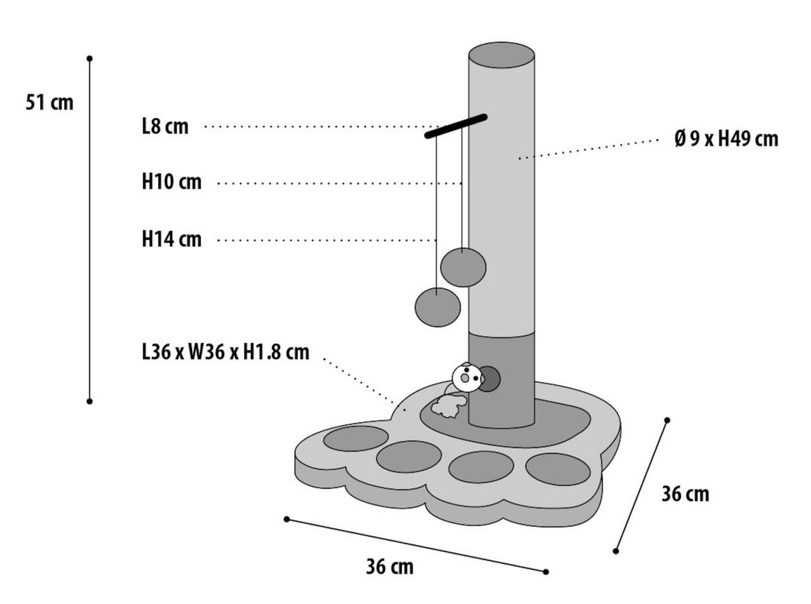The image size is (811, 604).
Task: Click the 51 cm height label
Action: pyautogui.click(x=50, y=102)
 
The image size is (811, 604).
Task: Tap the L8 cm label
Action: pyautogui.click(x=165, y=126)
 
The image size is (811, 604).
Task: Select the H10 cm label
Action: pyautogui.click(x=172, y=182)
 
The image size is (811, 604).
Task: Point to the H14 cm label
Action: pyautogui.click(x=172, y=239)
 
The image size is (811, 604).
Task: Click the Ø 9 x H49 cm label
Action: pyautogui.click(x=726, y=139)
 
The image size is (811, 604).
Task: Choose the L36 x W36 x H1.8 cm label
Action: pyautogui.click(x=225, y=351)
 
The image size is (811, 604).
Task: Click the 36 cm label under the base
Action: pyautogui.click(x=389, y=566)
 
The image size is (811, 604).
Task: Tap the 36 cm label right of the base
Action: pyautogui.click(x=685, y=494)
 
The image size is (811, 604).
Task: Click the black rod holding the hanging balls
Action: pyautogui.click(x=456, y=126)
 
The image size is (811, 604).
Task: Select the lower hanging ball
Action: pyautogui.click(x=438, y=307)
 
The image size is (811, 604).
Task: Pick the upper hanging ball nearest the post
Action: pyautogui.click(x=463, y=267)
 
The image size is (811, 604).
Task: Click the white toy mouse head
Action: pyautogui.click(x=466, y=376)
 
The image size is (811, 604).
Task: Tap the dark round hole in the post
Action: pyautogui.click(x=489, y=378)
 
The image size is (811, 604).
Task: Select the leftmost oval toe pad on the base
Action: pyautogui.click(x=355, y=438)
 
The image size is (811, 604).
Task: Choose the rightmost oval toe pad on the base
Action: pyautogui.click(x=558, y=469)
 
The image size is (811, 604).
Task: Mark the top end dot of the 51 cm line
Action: pyautogui.click(x=89, y=58)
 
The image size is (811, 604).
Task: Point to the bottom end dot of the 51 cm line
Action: pyautogui.click(x=89, y=401)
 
